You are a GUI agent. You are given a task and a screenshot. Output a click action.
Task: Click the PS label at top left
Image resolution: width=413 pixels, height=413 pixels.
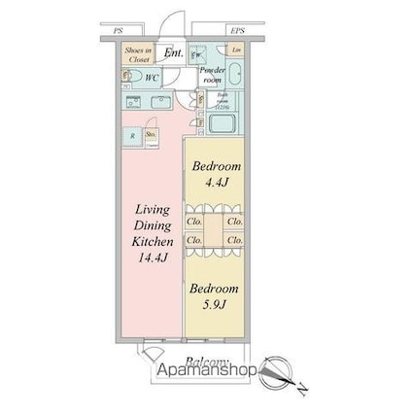click(x=119, y=30)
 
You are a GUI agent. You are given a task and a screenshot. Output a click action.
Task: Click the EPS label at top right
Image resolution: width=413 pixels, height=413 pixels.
click(x=236, y=30)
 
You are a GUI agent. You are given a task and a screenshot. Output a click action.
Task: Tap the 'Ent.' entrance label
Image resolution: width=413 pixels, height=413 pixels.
click(x=173, y=53)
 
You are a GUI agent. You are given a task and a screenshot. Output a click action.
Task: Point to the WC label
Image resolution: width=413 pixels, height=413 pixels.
click(x=152, y=76)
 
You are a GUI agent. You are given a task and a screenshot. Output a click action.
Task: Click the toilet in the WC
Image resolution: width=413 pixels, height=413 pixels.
click(x=133, y=76)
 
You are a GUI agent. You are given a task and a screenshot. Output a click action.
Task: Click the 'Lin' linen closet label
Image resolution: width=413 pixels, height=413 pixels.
click(x=235, y=50)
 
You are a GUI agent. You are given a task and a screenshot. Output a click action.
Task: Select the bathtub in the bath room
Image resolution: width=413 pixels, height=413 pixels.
click(x=224, y=124)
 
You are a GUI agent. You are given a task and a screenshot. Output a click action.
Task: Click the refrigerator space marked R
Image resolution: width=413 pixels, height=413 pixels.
click(x=133, y=136)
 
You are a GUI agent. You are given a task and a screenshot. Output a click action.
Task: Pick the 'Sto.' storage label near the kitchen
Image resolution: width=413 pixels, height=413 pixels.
click(x=151, y=134)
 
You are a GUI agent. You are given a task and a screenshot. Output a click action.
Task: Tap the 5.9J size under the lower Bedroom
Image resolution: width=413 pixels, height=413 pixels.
click(x=214, y=304)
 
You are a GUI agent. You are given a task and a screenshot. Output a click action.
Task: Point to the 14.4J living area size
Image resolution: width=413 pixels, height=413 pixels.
click(x=153, y=258)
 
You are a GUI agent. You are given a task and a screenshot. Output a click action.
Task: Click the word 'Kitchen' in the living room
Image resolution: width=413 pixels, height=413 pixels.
click(x=153, y=241)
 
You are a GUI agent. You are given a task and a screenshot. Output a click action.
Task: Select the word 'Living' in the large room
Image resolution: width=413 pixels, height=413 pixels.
click(x=153, y=208)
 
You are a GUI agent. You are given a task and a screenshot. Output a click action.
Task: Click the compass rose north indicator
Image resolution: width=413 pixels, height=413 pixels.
click(x=275, y=370)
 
